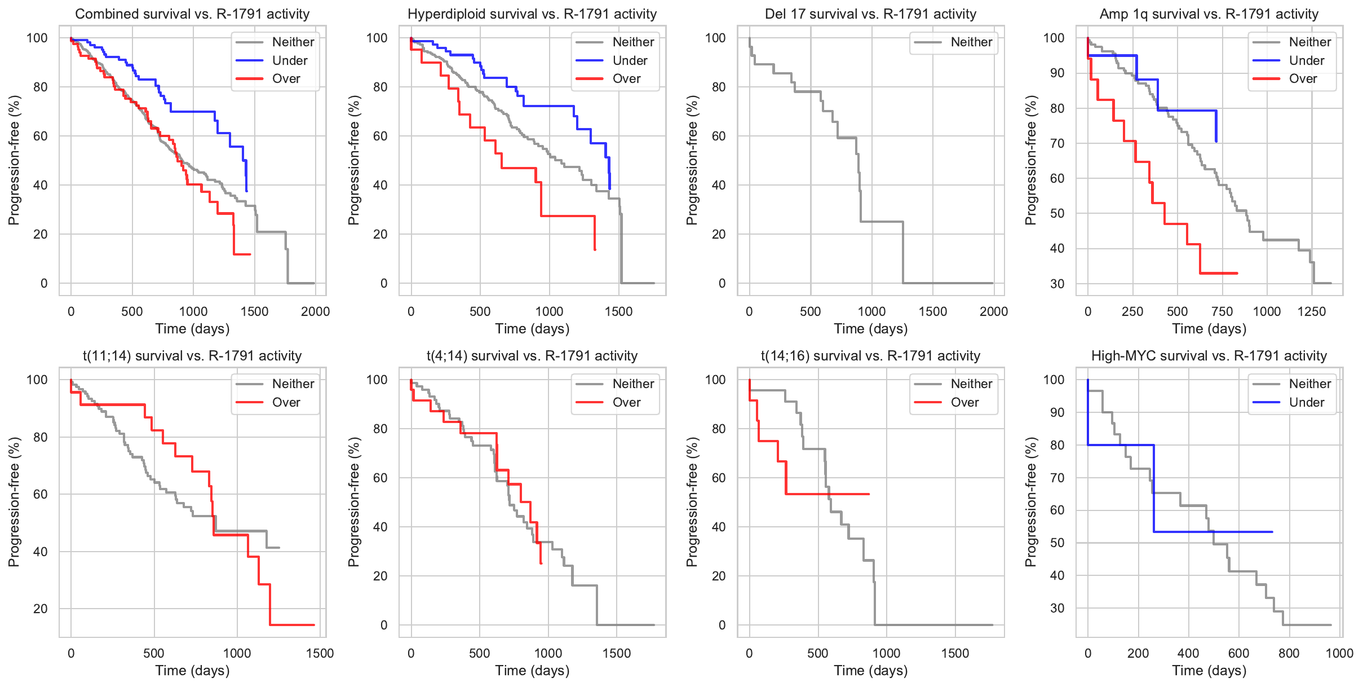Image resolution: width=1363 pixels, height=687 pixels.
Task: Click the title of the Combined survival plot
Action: point(192,14)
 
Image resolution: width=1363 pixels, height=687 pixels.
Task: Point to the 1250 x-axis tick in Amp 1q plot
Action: point(1311,311)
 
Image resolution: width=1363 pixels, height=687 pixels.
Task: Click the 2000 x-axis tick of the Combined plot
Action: point(315,311)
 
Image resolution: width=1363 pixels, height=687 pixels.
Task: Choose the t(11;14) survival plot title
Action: point(192,356)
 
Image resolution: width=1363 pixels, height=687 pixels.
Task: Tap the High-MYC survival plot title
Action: point(1209,356)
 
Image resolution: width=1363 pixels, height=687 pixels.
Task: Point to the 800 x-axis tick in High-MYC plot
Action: point(1289,653)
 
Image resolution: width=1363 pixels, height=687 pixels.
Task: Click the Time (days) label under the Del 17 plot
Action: point(870,329)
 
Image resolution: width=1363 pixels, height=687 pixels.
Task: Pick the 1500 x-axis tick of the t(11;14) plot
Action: point(320,653)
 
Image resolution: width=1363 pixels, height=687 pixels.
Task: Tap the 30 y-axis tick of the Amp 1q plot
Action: point(1057,284)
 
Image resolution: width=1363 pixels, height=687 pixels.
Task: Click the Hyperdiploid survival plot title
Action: point(532,14)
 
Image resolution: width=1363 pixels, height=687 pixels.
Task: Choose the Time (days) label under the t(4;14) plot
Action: point(532,671)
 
